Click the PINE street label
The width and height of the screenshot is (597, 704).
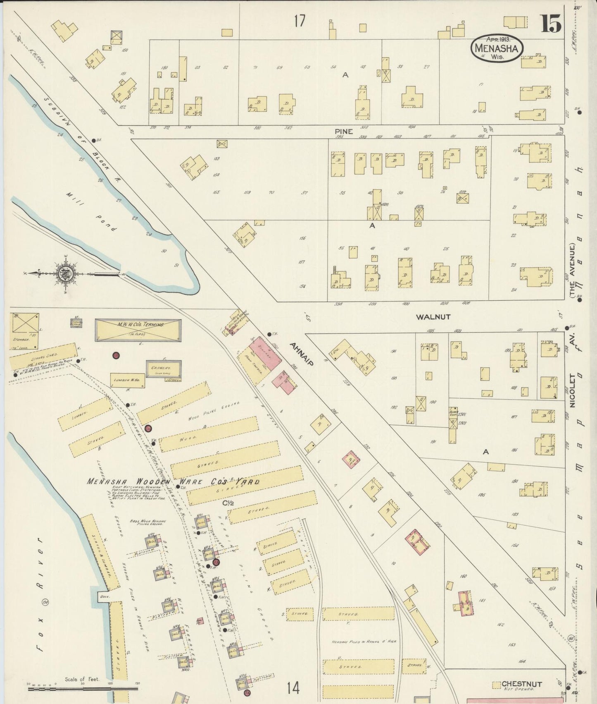tap(344, 131)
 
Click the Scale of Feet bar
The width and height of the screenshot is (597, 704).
tap(83, 689)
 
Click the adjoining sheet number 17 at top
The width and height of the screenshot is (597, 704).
tap(300, 20)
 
